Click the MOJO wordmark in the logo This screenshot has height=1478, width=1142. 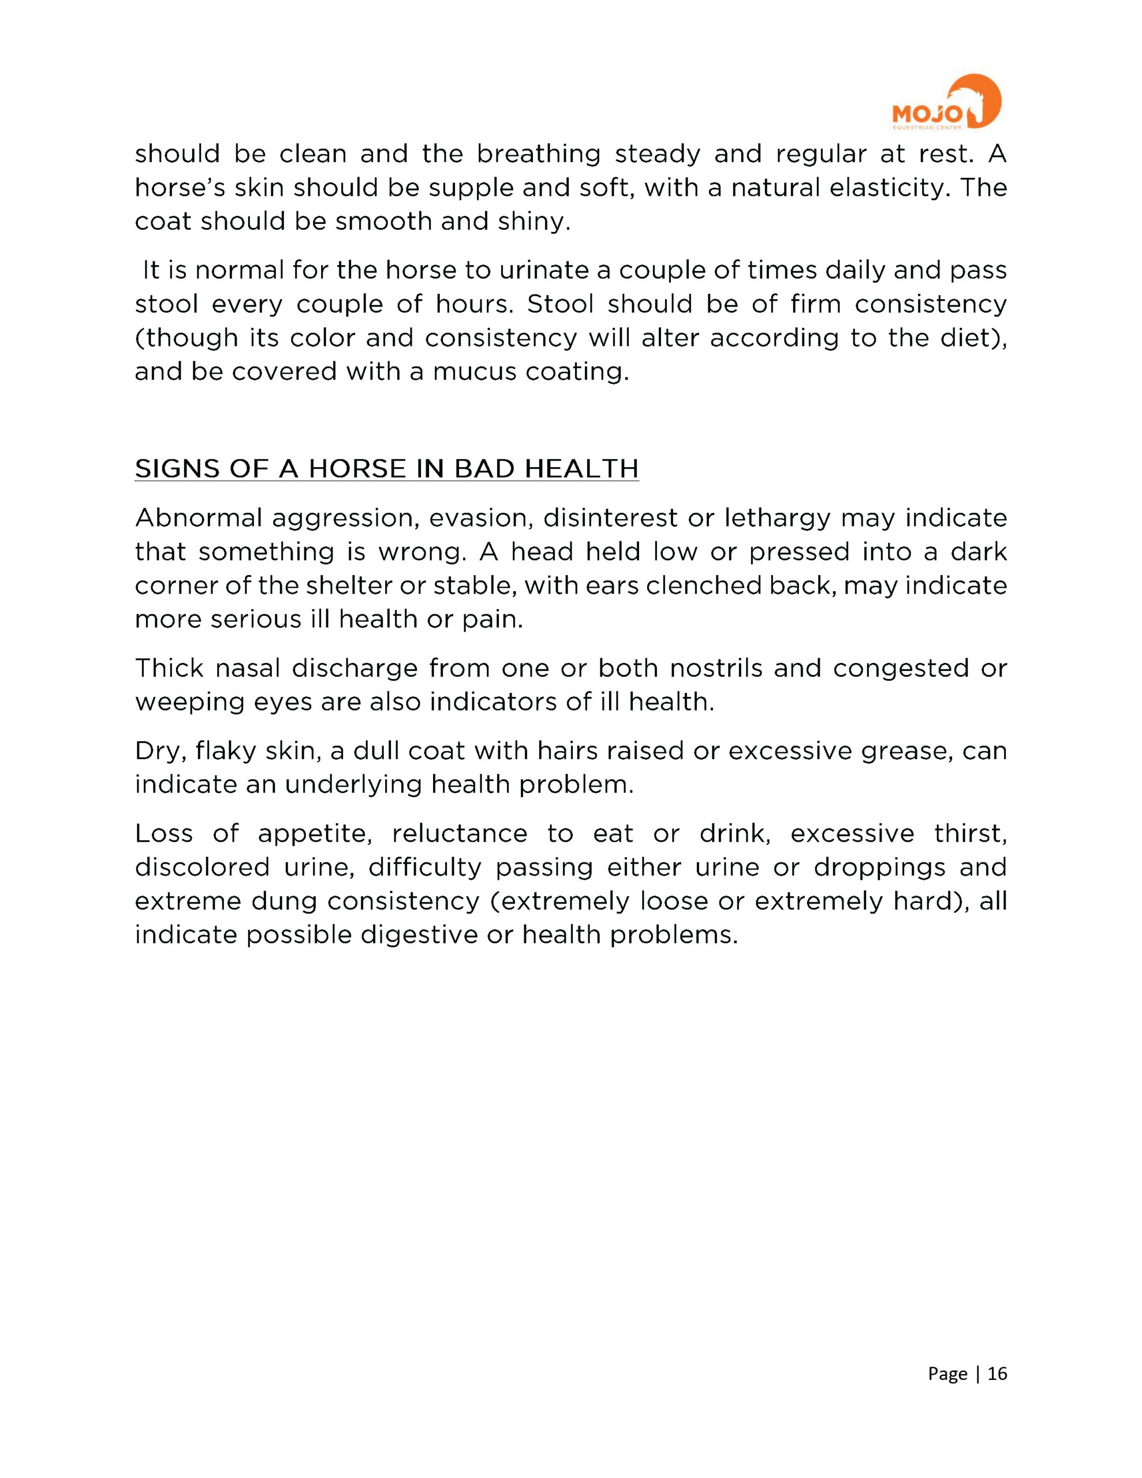pos(925,114)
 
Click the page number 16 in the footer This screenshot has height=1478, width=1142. pos(997,1373)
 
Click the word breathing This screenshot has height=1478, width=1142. pos(538,155)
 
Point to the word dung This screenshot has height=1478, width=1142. pos(284,902)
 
